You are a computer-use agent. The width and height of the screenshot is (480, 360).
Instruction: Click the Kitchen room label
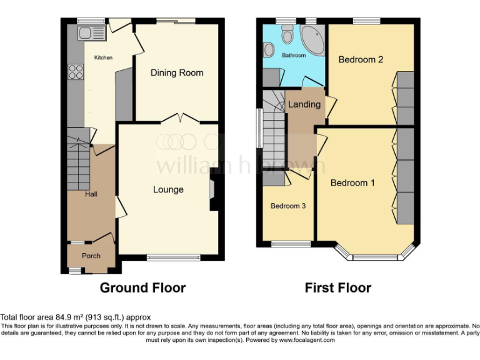103,57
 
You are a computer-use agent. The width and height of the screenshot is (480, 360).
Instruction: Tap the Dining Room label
177,72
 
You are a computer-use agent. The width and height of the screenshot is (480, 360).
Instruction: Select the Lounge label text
168,189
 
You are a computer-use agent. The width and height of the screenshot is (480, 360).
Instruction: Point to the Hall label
91,194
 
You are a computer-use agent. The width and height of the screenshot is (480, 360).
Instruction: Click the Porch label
91,256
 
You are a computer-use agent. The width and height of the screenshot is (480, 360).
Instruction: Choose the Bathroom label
294,56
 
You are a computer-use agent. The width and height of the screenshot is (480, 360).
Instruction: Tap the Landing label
304,104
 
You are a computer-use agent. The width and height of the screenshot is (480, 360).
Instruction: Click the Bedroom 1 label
352,183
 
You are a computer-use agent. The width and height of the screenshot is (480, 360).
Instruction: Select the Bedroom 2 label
361,60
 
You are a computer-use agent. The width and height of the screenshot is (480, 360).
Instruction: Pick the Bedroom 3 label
287,206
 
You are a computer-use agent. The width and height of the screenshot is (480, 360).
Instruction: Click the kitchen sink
84,33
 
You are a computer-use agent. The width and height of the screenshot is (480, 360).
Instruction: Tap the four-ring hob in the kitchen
76,72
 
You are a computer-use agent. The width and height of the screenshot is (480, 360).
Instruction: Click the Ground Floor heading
143,288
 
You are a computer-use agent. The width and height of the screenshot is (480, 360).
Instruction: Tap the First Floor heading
337,288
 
